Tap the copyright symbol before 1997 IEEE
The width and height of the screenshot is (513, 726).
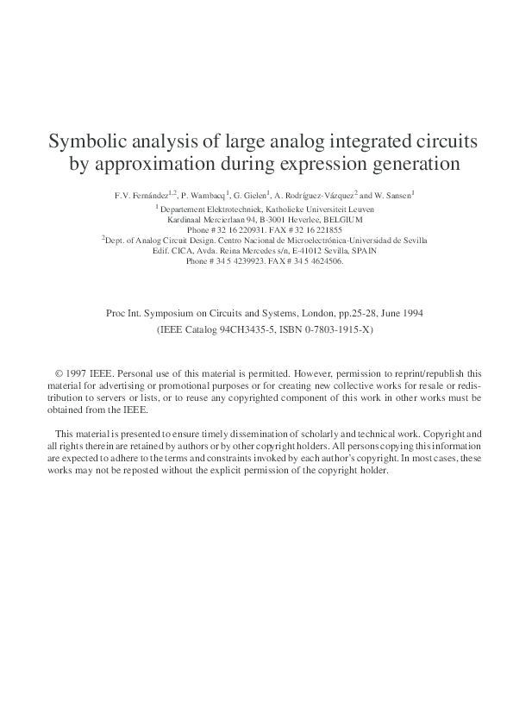tap(59, 375)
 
